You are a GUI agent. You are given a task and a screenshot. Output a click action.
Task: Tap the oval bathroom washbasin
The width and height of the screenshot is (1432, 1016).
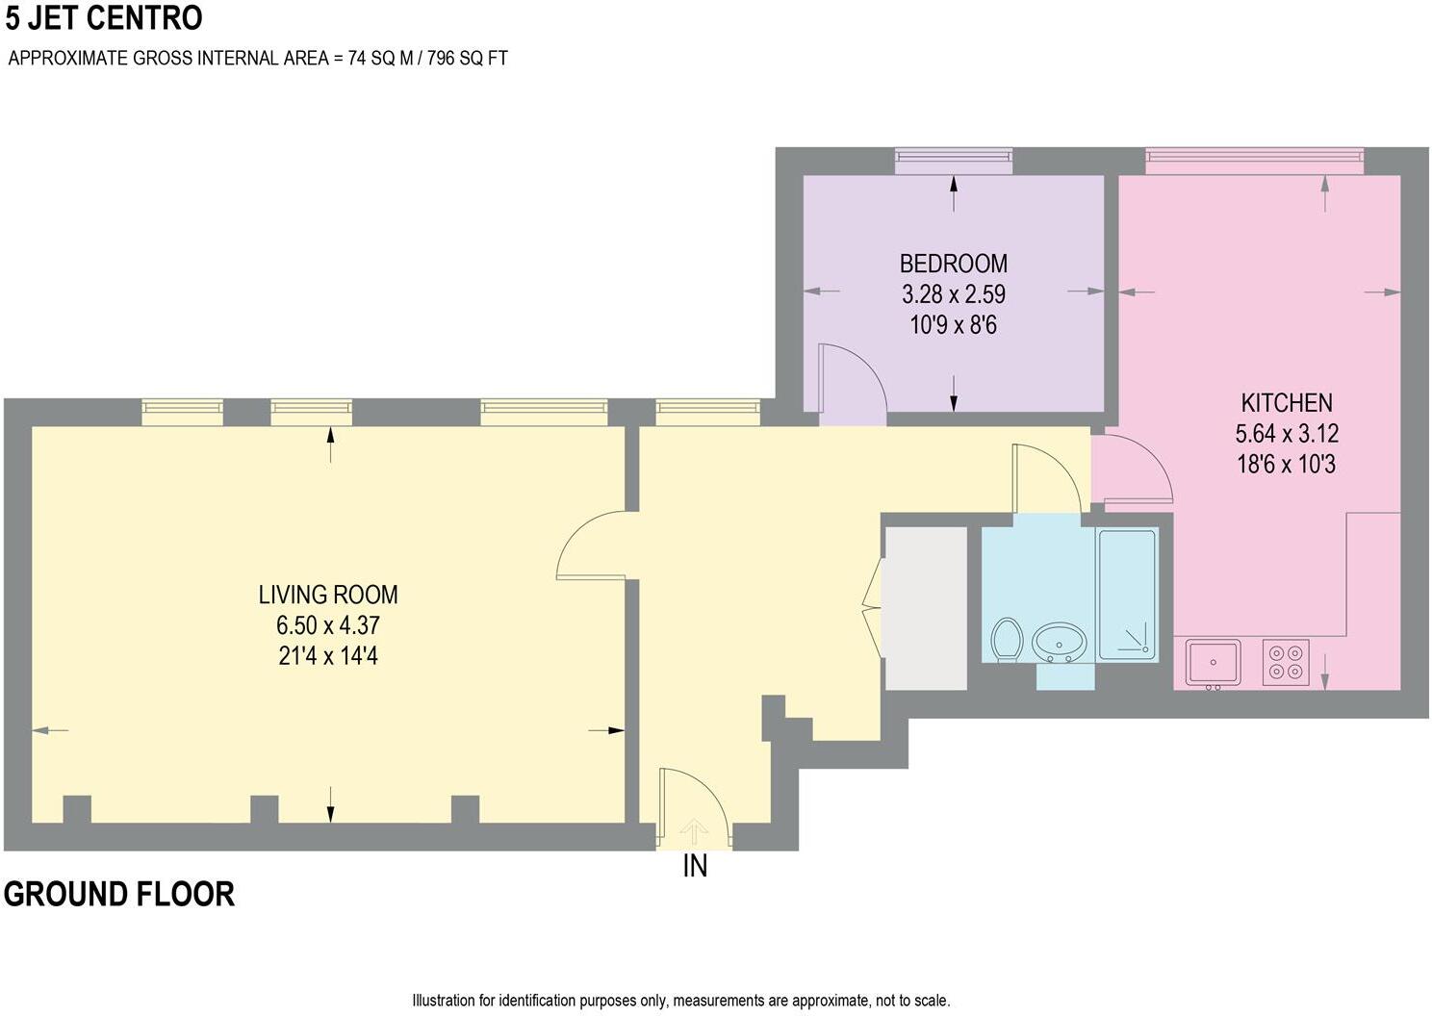click(1059, 643)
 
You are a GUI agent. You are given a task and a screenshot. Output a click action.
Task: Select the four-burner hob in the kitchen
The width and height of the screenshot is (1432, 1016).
click(1287, 662)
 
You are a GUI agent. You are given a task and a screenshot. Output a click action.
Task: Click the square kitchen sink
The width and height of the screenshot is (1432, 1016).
click(1213, 663)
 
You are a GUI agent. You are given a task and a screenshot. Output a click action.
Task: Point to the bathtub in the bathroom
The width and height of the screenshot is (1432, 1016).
click(1128, 594)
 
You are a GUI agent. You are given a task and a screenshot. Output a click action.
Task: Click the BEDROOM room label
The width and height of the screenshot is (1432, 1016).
click(953, 264)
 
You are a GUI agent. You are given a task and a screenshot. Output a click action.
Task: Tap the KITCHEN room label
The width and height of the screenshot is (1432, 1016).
click(1287, 402)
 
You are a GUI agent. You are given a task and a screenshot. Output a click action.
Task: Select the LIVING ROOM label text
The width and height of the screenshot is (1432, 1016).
click(328, 595)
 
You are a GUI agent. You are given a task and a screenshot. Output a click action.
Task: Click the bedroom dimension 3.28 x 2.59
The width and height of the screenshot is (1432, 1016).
click(953, 294)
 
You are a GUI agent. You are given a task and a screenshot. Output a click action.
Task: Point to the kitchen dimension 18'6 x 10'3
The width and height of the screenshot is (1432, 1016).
click(1287, 464)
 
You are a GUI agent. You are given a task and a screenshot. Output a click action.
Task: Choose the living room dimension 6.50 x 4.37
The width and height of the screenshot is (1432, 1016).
click(328, 625)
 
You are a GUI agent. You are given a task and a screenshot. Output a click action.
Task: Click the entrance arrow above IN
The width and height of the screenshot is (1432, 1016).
click(694, 832)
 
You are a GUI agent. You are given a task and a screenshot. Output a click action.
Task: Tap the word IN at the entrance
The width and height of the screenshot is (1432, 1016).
click(695, 867)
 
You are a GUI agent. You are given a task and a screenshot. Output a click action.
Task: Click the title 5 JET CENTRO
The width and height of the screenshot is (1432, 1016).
click(104, 18)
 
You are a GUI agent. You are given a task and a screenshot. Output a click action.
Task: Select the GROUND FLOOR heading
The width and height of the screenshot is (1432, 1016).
click(119, 894)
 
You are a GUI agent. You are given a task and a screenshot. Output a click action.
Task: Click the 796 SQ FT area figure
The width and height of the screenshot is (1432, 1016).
click(468, 58)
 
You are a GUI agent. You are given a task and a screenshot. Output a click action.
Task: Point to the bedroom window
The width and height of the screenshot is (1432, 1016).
click(953, 161)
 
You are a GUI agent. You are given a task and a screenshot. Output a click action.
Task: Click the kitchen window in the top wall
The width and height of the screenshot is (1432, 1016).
click(1254, 161)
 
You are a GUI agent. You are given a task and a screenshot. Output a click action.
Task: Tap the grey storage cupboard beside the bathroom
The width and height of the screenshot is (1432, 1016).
click(925, 608)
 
